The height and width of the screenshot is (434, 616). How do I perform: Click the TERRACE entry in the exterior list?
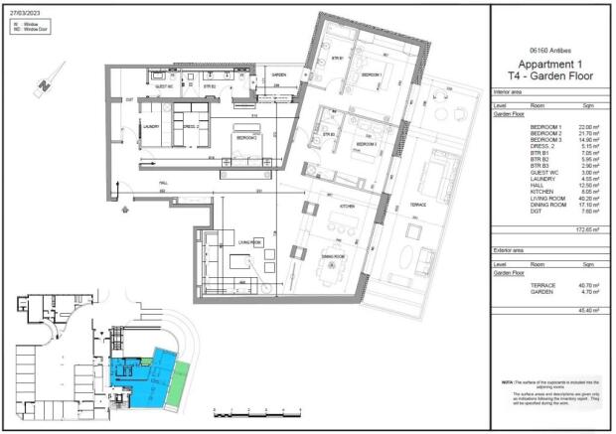pyautogui.click(x=542, y=286)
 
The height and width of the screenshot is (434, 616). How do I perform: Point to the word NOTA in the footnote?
pyautogui.click(x=508, y=382)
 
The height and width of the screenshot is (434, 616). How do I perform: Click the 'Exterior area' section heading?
pyautogui.click(x=510, y=252)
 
